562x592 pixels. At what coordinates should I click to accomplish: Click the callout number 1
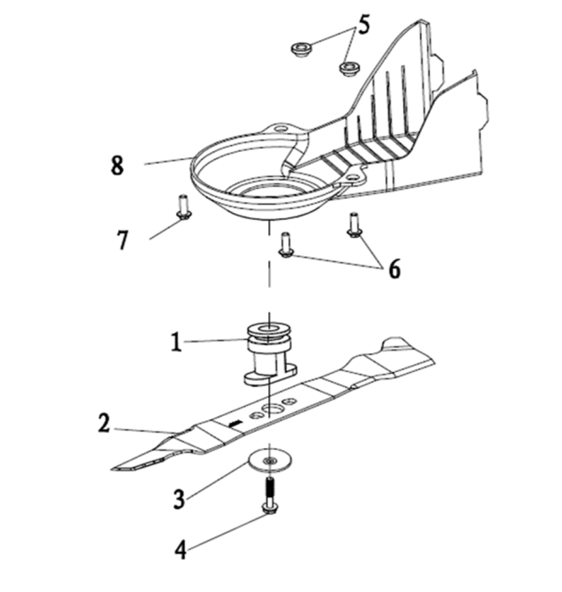[176, 343]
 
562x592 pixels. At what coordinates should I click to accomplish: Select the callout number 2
[105, 423]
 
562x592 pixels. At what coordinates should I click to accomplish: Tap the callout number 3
[180, 499]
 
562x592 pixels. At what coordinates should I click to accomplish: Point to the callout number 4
[180, 550]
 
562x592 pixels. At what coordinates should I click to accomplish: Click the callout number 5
[364, 25]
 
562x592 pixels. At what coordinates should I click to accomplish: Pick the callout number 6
[394, 269]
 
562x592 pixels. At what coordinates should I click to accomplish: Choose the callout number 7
[122, 240]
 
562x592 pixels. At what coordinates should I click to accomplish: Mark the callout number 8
[117, 165]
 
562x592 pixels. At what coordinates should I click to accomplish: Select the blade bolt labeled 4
[269, 495]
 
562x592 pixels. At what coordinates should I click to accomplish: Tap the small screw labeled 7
[184, 207]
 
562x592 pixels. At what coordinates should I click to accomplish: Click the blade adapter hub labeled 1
[270, 354]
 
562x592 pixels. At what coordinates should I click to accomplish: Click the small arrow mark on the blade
[235, 424]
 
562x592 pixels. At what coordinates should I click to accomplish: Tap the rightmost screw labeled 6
[354, 225]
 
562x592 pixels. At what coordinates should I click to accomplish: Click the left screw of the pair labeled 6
[286, 245]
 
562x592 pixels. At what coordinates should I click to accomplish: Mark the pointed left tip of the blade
[113, 469]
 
